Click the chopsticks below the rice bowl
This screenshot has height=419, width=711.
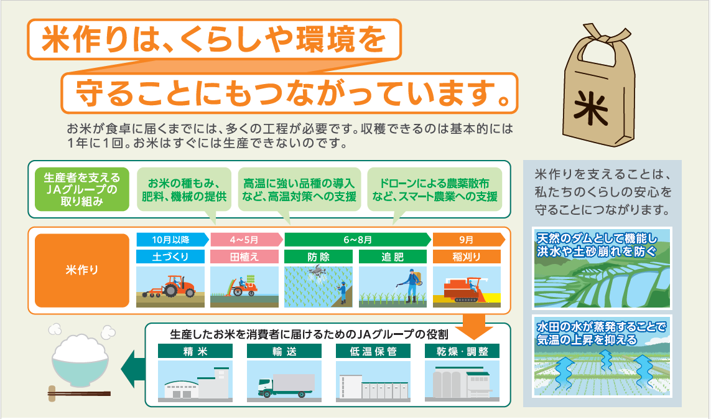click(x=79, y=393)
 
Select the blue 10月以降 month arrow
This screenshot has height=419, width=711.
click(x=172, y=240)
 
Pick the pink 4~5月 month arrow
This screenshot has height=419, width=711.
click(x=247, y=240)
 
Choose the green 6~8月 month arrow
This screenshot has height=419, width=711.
click(x=358, y=240)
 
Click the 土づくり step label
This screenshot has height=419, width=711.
click(x=170, y=257)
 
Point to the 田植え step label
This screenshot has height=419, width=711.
click(x=244, y=257)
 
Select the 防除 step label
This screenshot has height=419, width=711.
click(x=318, y=257)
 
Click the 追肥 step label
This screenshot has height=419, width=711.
click(x=393, y=257)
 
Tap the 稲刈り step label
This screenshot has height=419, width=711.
click(x=467, y=257)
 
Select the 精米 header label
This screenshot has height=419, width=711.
click(x=195, y=351)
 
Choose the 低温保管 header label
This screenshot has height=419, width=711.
click(x=373, y=351)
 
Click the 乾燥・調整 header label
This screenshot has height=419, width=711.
click(x=462, y=351)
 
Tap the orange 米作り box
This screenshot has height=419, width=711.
click(x=82, y=270)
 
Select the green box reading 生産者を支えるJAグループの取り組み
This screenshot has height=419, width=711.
click(x=82, y=189)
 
